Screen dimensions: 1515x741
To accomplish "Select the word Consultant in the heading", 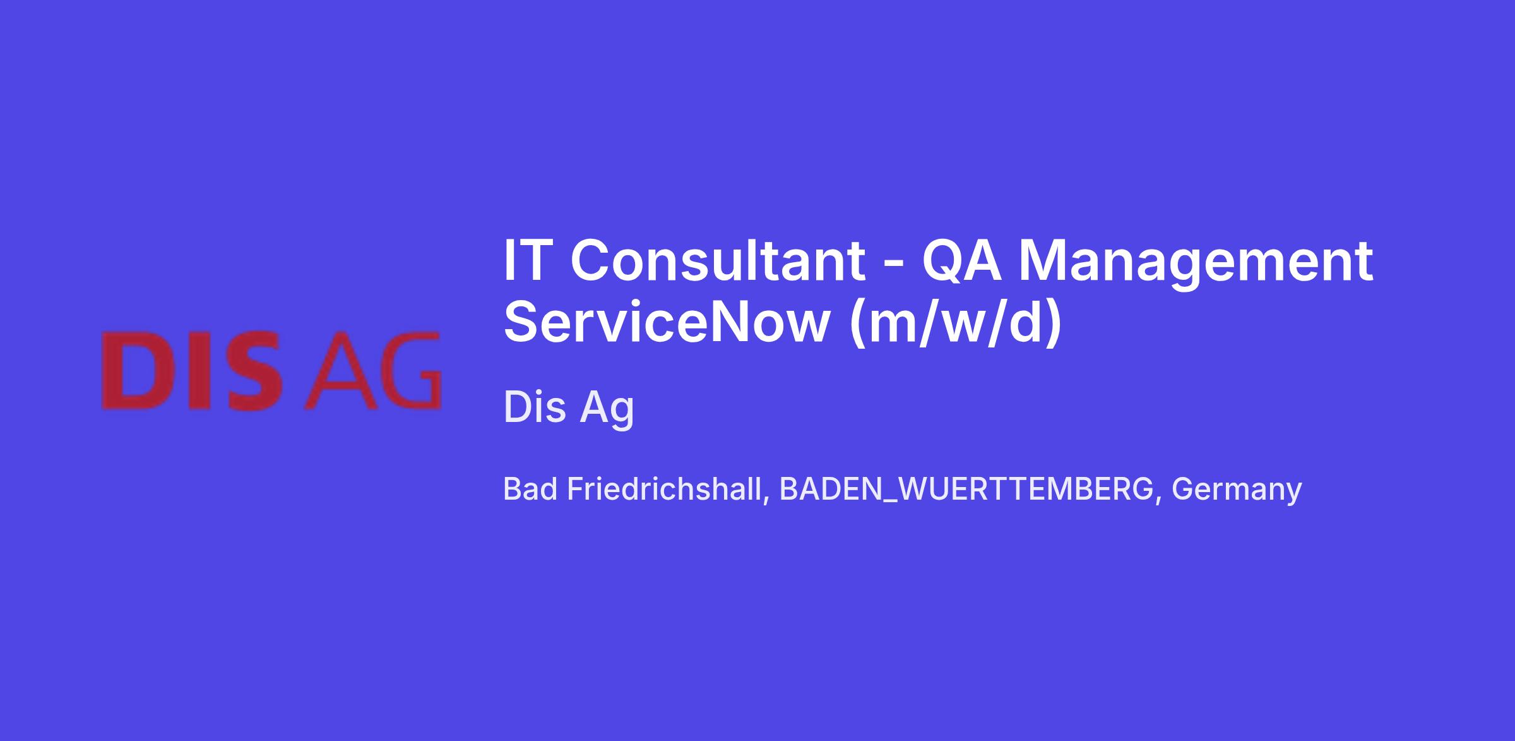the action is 718,260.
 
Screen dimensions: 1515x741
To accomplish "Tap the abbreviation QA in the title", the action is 961,260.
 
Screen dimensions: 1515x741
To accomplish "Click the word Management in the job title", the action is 1196,264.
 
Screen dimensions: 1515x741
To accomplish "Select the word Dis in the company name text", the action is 535,407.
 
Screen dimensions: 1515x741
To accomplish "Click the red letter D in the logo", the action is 134,371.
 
